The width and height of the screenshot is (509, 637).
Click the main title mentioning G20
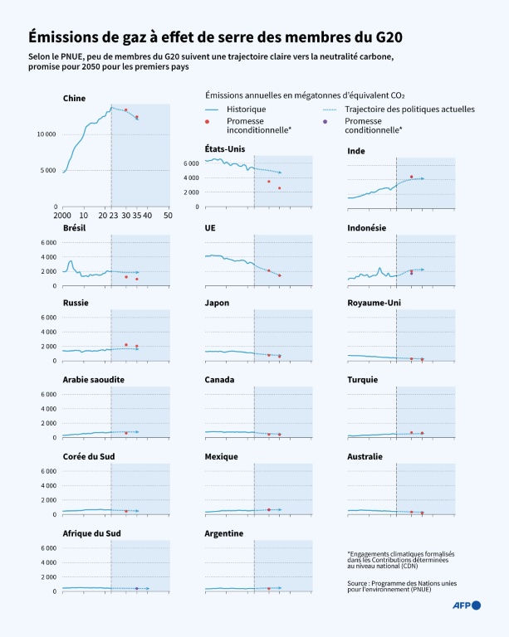pyautogui.click(x=218, y=37)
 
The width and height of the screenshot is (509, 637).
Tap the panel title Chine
pyautogui.click(x=74, y=98)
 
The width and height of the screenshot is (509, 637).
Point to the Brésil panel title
pyautogui.click(x=75, y=227)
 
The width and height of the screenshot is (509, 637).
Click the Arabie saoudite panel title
pyautogui.click(x=94, y=380)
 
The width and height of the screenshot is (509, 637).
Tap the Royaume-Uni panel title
pyautogui.click(x=374, y=303)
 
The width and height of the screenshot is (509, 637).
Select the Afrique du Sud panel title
pyautogui.click(x=91, y=533)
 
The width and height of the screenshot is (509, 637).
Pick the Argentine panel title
pyautogui.click(x=224, y=533)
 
